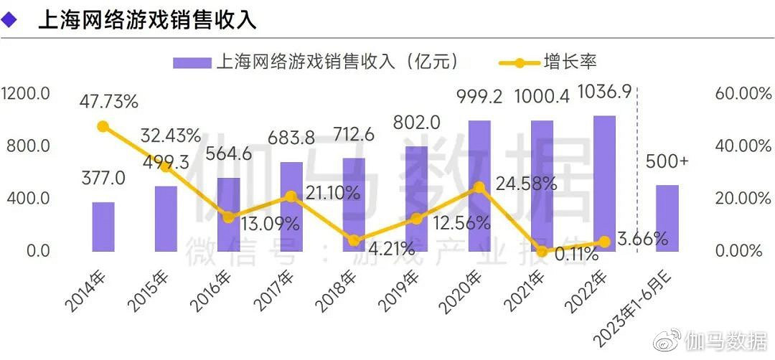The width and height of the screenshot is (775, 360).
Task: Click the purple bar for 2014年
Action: coord(103,227)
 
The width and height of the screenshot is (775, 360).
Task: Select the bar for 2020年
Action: coord(479,186)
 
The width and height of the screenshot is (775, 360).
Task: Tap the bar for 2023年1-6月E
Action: coord(667,218)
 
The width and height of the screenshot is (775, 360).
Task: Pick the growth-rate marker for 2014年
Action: coord(103,126)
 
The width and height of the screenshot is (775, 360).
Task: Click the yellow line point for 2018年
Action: coord(354,241)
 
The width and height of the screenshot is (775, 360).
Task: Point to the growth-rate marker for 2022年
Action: coord(604,242)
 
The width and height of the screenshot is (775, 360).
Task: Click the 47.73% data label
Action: coord(108,102)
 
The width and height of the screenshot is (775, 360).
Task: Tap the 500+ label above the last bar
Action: coord(667,161)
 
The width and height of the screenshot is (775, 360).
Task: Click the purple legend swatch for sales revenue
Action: coord(192,62)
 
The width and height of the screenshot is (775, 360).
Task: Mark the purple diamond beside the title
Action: coord(10,20)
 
